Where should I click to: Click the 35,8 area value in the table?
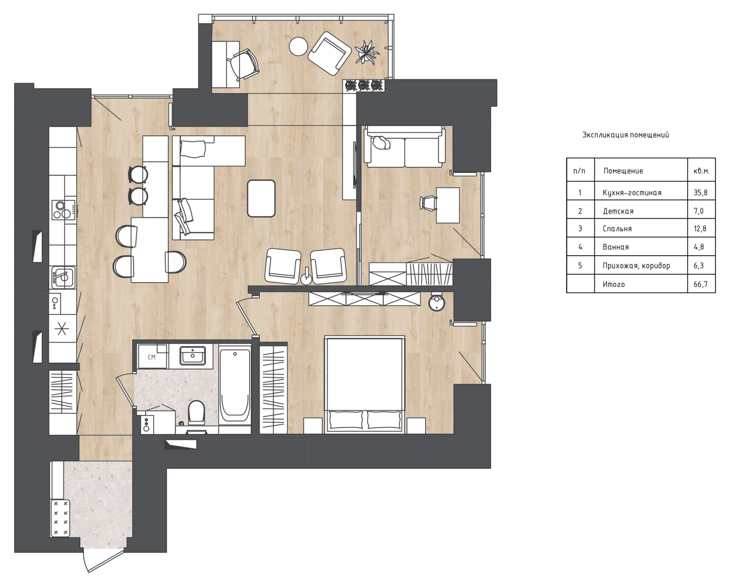pyautogui.click(x=700, y=192)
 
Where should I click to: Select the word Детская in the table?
pyautogui.click(x=618, y=211)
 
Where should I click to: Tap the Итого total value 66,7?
pyautogui.click(x=700, y=284)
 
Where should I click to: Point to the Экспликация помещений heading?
pyautogui.click(x=626, y=135)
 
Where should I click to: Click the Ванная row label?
pyautogui.click(x=615, y=247)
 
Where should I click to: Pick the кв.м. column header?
pyautogui.click(x=701, y=171)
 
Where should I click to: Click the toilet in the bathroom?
pyautogui.click(x=196, y=412)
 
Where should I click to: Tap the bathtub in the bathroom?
pyautogui.click(x=235, y=386)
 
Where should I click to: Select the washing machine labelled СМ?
pyautogui.click(x=152, y=356)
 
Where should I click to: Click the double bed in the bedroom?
pyautogui.click(x=365, y=384)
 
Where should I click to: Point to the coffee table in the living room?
pyautogui.click(x=261, y=198)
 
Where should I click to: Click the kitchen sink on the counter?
pyautogui.click(x=63, y=278)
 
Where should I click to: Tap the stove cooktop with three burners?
pyautogui.click(x=63, y=210)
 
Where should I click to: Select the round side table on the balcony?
pyautogui.click(x=298, y=46)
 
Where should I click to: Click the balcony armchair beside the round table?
pyautogui.click(x=329, y=53)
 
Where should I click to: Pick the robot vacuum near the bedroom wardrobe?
pyautogui.click(x=437, y=302)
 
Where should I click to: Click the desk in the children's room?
pyautogui.click(x=448, y=206)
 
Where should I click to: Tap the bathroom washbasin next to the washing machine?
pyautogui.click(x=193, y=355)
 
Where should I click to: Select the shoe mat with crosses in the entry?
pyautogui.click(x=60, y=518)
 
